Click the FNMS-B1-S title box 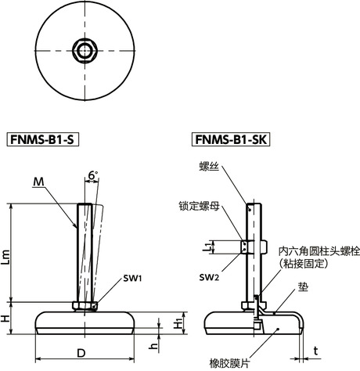coord(46,141)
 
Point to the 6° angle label coord(93,177)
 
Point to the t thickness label coord(317,349)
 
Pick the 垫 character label coord(301,288)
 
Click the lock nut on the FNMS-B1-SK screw coord(251,247)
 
